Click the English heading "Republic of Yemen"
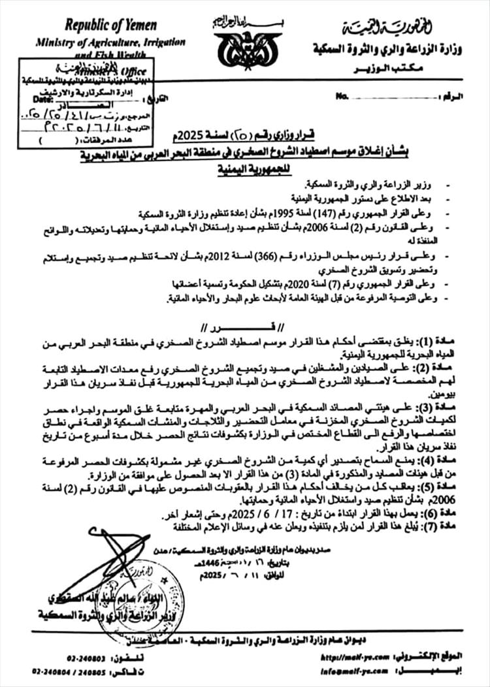point(110,25)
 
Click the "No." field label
point(340,96)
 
